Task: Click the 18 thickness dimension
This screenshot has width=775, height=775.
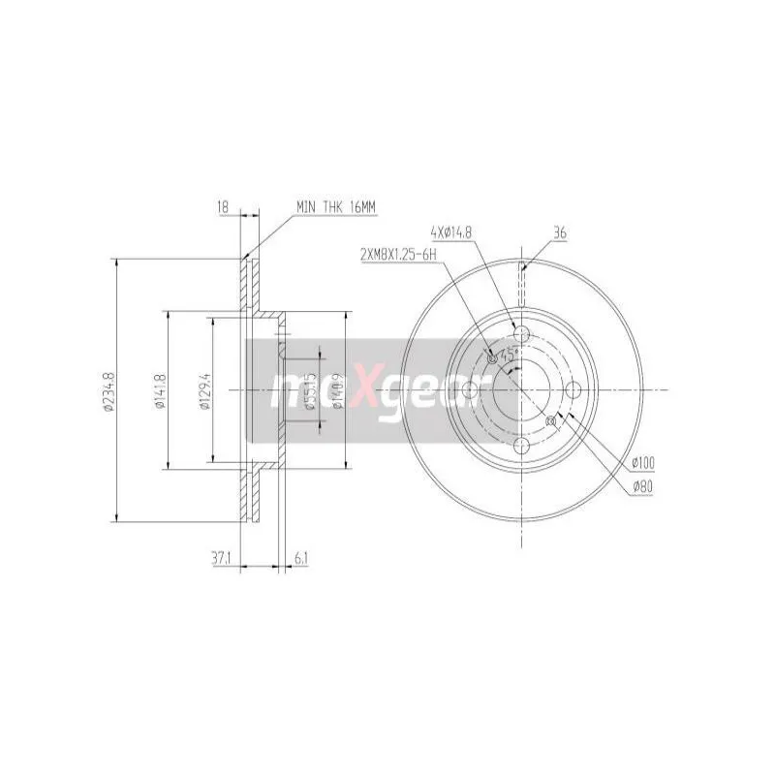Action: coord(222,205)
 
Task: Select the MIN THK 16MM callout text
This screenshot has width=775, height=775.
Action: coord(336,206)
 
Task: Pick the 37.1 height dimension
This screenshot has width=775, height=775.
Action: coord(219,557)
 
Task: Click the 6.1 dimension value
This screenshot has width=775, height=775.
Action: coord(300,557)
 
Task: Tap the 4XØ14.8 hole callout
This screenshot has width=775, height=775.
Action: coord(452,232)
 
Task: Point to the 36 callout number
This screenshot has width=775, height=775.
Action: coord(559,232)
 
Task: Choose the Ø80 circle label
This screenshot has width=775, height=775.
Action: coord(640,486)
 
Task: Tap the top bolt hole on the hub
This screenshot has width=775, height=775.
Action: coord(521,335)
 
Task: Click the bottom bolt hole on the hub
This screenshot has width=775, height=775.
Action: coord(521,445)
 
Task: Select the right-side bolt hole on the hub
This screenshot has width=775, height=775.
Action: coord(575,390)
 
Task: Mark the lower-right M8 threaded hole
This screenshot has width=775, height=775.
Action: coord(552,420)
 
